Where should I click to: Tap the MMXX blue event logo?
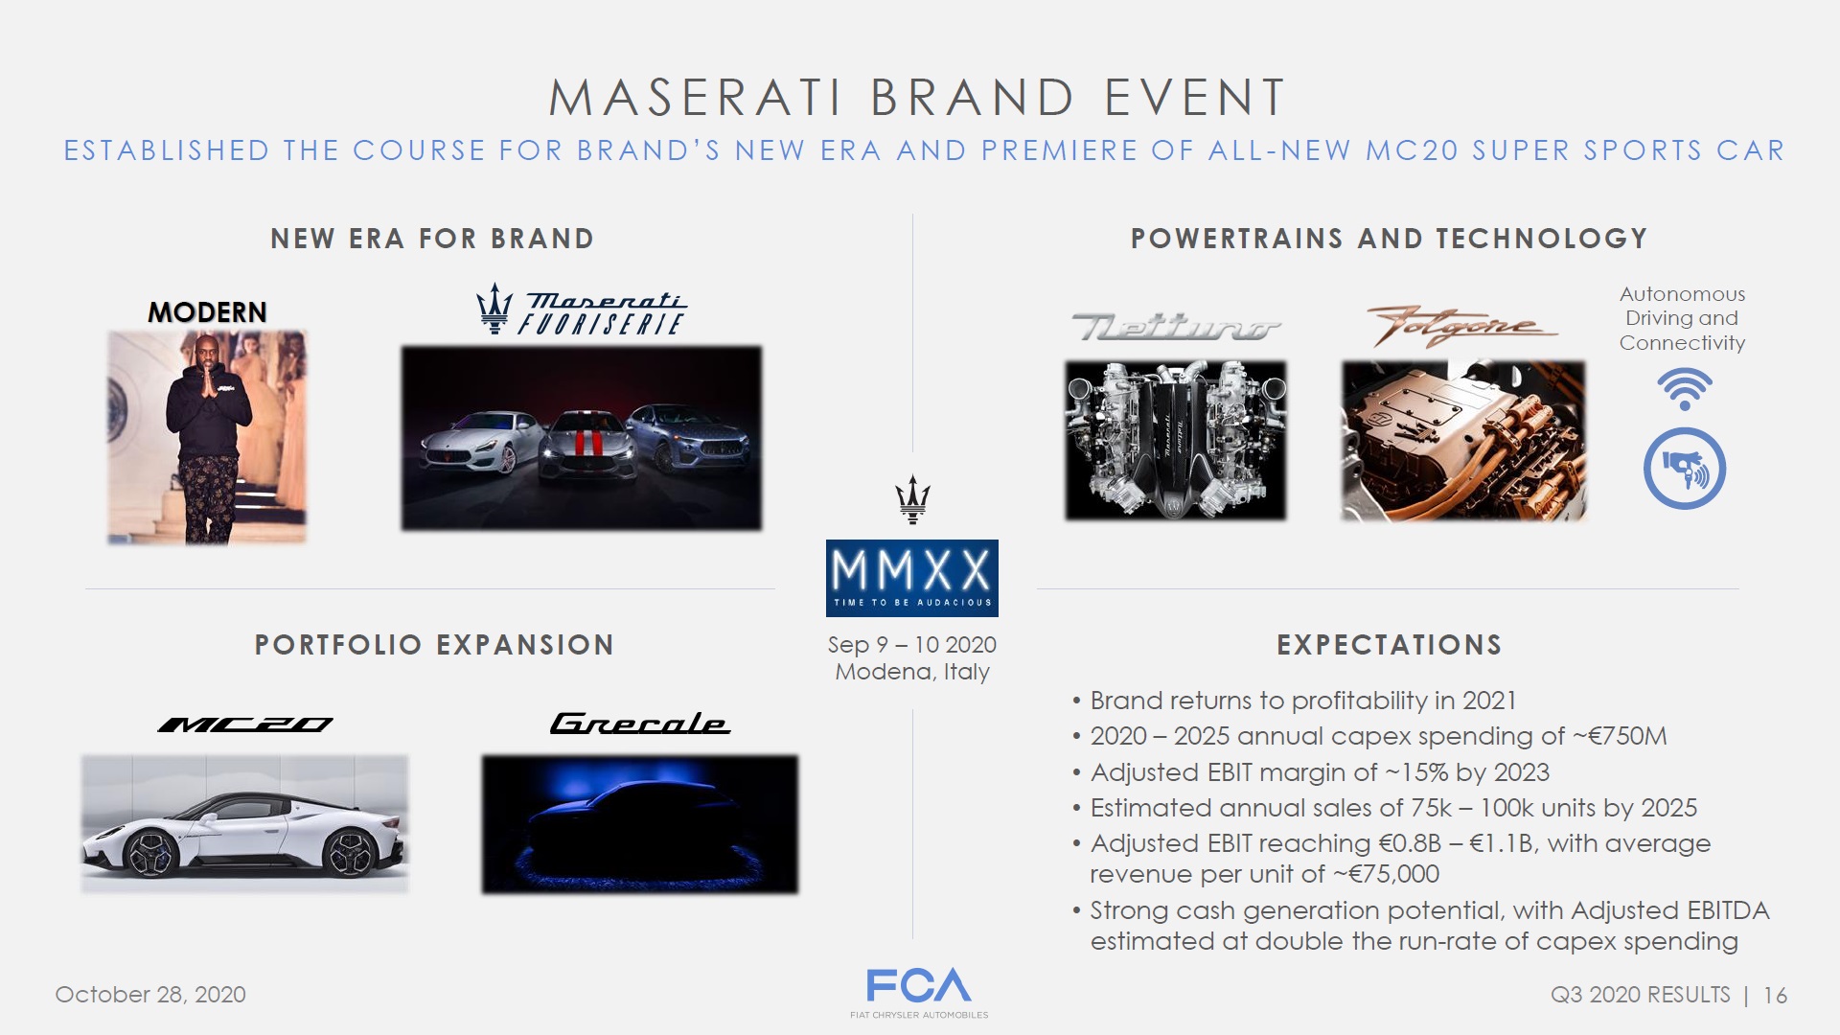(912, 578)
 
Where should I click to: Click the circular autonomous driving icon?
(1684, 469)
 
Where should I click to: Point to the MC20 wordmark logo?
(245, 724)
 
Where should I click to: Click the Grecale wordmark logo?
(639, 724)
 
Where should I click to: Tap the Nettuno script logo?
(1176, 327)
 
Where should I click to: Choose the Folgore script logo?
(1461, 327)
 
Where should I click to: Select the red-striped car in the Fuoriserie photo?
(586, 446)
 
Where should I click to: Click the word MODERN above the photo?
(207, 312)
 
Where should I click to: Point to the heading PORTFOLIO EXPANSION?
(434, 645)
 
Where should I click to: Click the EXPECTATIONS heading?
(1389, 645)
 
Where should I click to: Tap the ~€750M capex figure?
(1620, 736)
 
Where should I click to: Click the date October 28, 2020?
(150, 995)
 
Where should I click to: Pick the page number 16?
(1775, 996)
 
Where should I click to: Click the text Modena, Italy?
(912, 672)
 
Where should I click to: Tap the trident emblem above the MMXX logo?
(912, 499)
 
